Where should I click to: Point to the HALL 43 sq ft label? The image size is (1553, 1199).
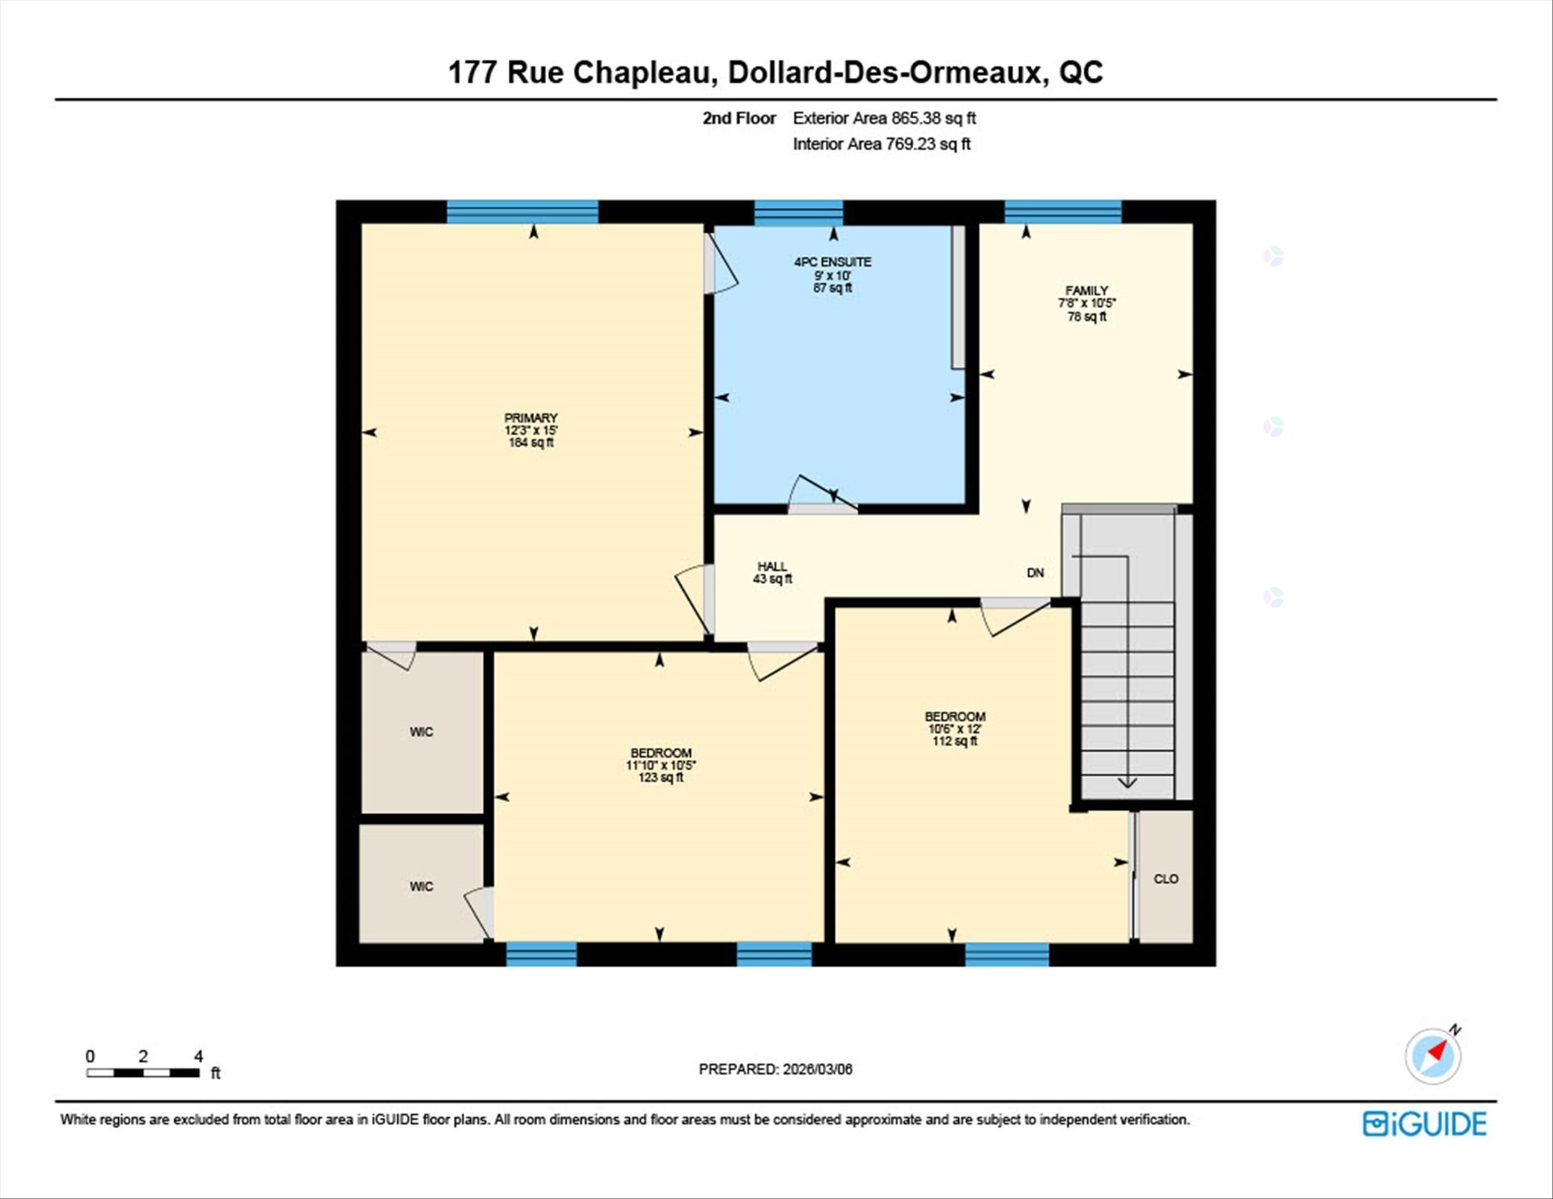pos(772,572)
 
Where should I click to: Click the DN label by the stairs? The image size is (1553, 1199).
pos(1035,573)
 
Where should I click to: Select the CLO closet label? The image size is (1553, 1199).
pos(1166,879)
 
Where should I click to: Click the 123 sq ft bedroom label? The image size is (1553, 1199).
pos(661,765)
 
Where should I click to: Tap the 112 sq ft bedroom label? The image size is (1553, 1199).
pos(954,728)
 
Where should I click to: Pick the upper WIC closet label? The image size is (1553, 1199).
pos(421,732)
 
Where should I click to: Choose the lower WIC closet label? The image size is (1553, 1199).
pos(421,887)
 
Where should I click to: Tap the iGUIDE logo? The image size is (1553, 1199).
pos(1424,1124)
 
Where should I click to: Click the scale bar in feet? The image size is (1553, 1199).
pos(143,1073)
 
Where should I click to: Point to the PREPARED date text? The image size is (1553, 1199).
pos(775,1069)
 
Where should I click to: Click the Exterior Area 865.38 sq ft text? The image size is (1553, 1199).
pos(884,118)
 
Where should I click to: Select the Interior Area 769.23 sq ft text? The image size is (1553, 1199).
pos(881,144)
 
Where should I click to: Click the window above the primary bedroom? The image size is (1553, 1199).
pos(523,212)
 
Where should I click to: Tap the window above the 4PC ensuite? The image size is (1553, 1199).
pos(798,213)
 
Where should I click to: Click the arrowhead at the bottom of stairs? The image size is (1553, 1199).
pos(1128,783)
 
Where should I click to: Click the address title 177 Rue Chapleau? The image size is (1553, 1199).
pos(775,72)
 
